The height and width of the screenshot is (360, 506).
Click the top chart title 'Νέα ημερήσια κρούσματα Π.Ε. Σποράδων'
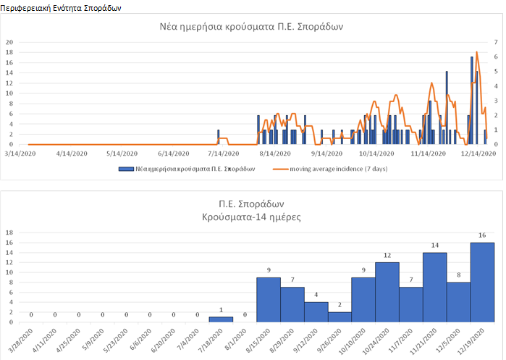[x=252, y=27]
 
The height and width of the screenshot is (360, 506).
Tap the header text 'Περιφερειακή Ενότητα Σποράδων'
[x=61, y=7]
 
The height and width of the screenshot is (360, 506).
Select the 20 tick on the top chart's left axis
[x=9, y=42]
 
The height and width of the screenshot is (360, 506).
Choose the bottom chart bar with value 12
[x=387, y=292]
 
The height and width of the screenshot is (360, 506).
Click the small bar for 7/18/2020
[x=221, y=319]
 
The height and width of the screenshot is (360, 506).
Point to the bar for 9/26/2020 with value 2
[x=340, y=317]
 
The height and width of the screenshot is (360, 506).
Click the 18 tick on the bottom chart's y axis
[x=9, y=233]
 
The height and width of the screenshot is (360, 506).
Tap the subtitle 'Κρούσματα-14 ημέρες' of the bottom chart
[x=252, y=217]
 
